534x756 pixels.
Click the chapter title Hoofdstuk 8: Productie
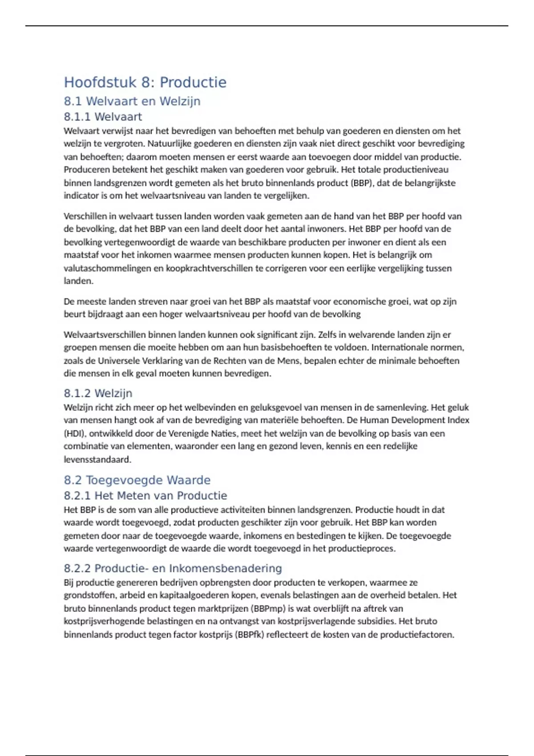145,82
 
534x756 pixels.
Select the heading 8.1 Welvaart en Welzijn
132,101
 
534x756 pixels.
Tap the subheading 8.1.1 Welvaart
103,117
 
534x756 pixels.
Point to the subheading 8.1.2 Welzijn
98,393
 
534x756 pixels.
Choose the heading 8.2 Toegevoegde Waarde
137,480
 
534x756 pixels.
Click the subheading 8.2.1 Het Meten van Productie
145,495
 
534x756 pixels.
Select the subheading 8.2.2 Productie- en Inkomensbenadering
173,568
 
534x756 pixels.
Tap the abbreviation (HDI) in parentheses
75,433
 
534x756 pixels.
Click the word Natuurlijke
169,144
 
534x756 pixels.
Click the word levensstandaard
97,459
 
